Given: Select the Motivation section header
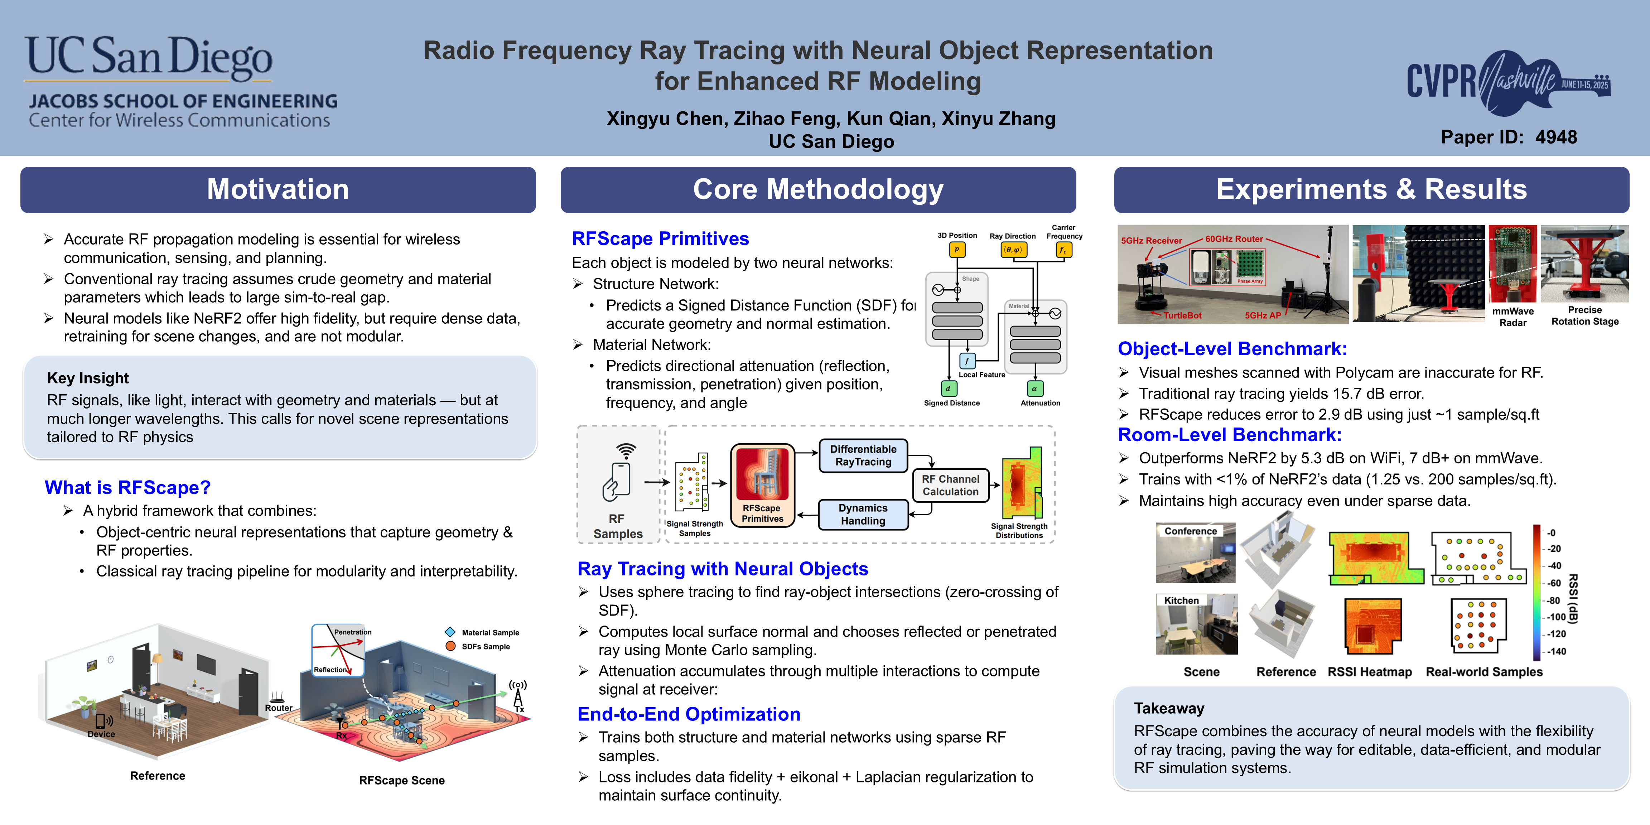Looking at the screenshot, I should [x=278, y=189].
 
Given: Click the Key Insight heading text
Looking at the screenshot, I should [x=88, y=378].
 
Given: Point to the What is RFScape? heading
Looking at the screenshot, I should [x=127, y=487].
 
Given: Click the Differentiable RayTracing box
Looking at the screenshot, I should [x=863, y=455].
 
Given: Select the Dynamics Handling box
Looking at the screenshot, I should [x=863, y=514].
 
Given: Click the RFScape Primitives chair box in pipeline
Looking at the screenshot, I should [x=762, y=485].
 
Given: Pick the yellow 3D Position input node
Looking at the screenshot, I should [x=957, y=249].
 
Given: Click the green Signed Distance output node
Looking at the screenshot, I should [x=948, y=388].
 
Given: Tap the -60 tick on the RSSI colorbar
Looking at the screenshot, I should [x=1554, y=583].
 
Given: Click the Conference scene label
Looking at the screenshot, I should [x=1190, y=531].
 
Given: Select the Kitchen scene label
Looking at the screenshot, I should [x=1181, y=600].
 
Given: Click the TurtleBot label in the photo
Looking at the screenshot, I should [x=1182, y=315].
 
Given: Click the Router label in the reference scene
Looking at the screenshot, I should [x=279, y=708].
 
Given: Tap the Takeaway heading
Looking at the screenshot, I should [x=1169, y=708].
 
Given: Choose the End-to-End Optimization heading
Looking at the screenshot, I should [x=689, y=714].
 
